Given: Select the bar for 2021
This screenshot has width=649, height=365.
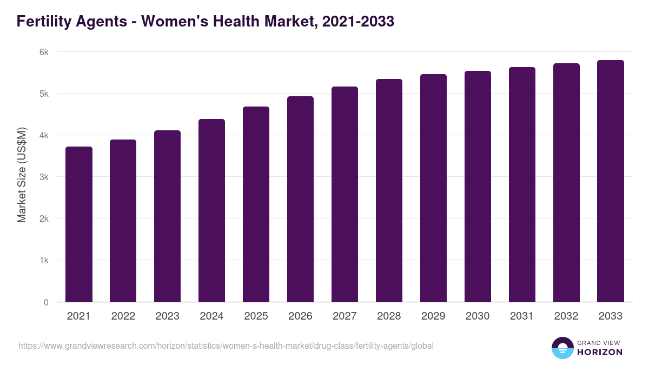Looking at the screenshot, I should (79, 224).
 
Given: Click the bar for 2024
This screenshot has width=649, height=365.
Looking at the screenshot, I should (211, 210).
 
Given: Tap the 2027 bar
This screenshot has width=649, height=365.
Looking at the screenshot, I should (345, 194).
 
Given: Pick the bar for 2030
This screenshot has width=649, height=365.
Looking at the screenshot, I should (478, 187).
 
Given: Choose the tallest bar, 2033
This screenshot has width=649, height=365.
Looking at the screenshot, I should (611, 181).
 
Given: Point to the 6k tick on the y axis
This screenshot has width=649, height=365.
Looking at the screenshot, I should (44, 52).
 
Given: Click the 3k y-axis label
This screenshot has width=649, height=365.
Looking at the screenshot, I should (44, 177).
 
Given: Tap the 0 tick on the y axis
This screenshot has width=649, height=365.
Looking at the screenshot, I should (46, 302).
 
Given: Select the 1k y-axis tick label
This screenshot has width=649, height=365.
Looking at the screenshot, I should (44, 260).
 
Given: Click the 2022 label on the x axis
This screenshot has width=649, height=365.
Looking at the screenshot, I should (123, 316).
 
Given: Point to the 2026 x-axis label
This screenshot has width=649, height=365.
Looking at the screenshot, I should (300, 316).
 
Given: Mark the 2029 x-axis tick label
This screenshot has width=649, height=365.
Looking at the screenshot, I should (433, 316).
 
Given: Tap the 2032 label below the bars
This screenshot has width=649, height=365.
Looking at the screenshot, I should (566, 316).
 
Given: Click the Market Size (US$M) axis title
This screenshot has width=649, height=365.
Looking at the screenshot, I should (22, 175).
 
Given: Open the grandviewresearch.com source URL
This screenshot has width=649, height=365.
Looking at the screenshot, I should (226, 346).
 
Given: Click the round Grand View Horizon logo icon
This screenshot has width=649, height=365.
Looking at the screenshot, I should (562, 348).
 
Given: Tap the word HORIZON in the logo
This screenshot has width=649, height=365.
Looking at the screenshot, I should (600, 352).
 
